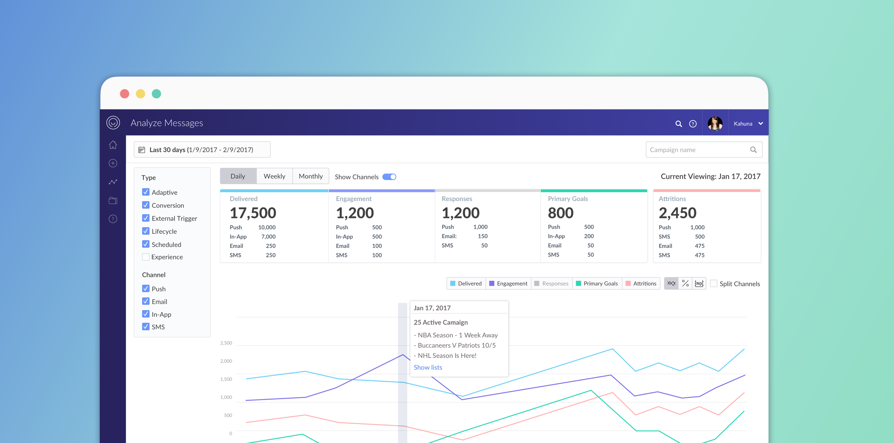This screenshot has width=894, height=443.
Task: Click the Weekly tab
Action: (x=274, y=176)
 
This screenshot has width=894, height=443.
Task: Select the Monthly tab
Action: (x=311, y=176)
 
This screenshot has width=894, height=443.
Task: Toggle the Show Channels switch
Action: (x=389, y=177)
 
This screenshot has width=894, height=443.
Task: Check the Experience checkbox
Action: (x=146, y=257)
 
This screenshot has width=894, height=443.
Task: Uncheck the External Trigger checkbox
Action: (x=146, y=218)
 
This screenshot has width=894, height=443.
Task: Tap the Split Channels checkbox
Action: (x=714, y=283)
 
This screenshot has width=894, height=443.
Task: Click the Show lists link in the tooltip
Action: (x=428, y=367)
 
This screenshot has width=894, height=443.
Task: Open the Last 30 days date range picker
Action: (x=202, y=150)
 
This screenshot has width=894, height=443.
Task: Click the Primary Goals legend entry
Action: (x=597, y=283)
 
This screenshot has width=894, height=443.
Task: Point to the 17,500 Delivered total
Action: (x=253, y=213)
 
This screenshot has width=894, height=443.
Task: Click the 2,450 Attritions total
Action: (x=678, y=213)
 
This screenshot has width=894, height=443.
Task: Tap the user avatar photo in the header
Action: (x=715, y=123)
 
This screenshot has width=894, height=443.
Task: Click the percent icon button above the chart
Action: (x=685, y=283)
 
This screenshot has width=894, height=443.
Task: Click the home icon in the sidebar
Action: (x=113, y=145)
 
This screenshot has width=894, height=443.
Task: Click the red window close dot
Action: (x=125, y=94)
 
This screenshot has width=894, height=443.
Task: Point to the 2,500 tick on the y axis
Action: (x=226, y=343)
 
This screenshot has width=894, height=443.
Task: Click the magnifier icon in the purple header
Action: (x=678, y=124)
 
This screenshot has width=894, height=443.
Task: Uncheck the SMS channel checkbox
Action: (x=146, y=326)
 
